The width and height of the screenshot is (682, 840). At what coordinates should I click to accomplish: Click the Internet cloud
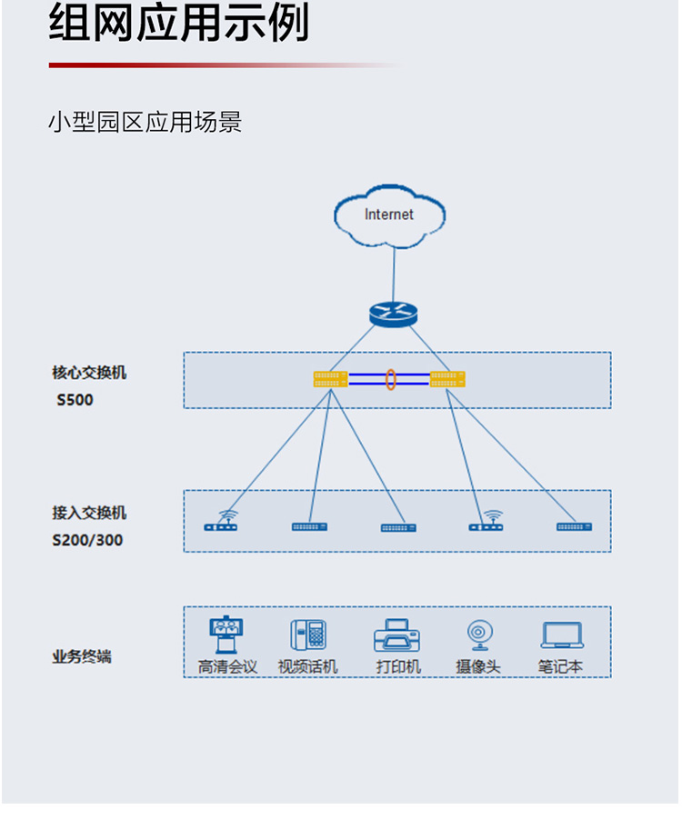point(389,215)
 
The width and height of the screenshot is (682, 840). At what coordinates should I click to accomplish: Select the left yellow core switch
point(331,379)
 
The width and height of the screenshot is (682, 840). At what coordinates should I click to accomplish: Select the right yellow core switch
point(447,379)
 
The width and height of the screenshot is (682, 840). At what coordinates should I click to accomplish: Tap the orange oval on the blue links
point(390,379)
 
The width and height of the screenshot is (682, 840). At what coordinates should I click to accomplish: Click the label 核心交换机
point(89,373)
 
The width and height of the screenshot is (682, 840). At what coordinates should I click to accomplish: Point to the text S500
point(75,400)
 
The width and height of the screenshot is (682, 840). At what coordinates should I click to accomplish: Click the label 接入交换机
point(89,513)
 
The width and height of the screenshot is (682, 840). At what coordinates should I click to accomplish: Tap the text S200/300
point(87,540)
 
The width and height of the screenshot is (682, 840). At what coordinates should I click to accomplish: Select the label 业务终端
point(82,656)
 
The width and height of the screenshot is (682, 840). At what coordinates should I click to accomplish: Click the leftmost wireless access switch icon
point(221,523)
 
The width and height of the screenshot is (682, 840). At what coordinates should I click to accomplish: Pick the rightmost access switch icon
point(575,526)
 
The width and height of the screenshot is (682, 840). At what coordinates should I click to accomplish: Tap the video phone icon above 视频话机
point(308,635)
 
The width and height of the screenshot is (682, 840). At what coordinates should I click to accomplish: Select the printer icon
point(396,635)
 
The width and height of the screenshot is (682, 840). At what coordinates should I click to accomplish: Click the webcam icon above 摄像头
point(478,635)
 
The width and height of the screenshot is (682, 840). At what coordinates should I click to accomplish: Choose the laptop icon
point(562,635)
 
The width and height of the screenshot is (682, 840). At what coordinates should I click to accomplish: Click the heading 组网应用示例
point(179,25)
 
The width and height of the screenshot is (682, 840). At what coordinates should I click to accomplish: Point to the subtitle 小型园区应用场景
point(145,122)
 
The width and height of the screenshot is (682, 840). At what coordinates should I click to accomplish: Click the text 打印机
point(398,666)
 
